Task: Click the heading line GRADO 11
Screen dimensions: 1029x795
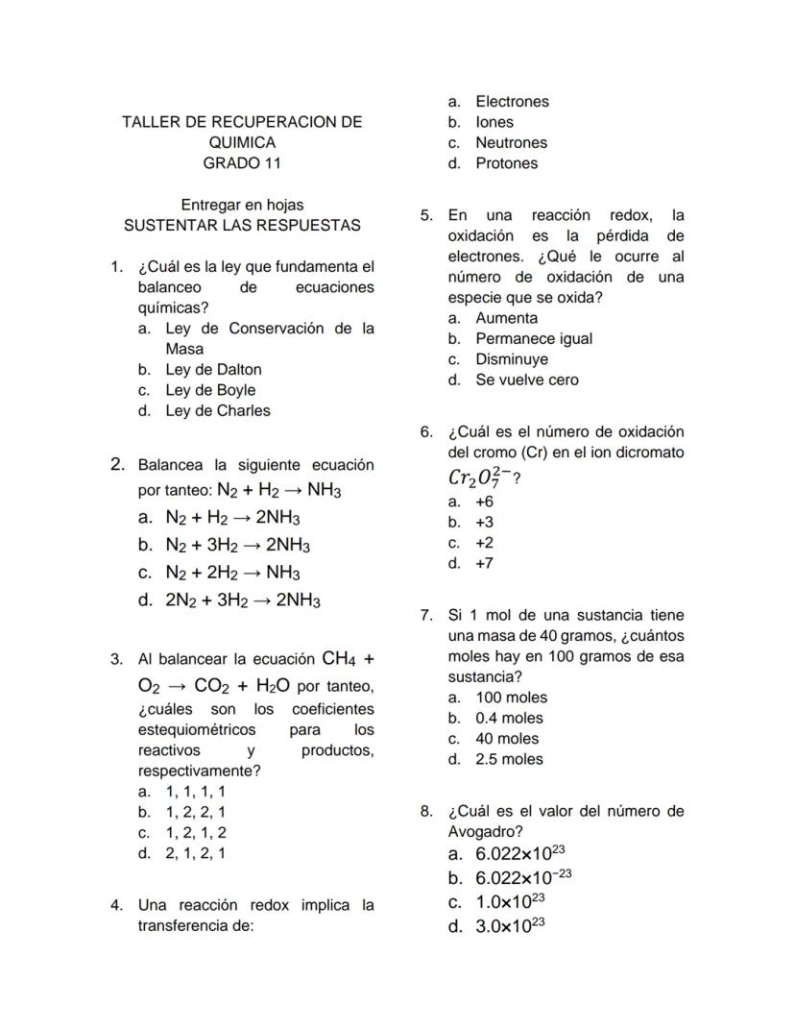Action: tap(242, 163)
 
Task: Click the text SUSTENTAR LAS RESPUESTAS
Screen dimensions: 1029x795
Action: tap(242, 226)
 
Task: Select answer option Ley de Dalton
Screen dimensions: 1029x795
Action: tap(213, 370)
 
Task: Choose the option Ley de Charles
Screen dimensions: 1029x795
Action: tap(218, 411)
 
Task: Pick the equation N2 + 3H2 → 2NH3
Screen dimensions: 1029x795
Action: tap(237, 546)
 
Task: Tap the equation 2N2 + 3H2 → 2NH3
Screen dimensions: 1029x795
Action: tap(243, 601)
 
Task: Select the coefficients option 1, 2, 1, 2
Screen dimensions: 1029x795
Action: tap(196, 833)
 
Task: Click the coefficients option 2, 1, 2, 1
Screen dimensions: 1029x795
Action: tap(196, 853)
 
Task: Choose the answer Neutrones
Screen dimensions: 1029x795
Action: tap(511, 143)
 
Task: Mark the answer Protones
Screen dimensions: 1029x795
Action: tap(506, 163)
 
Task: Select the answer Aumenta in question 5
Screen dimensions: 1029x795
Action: tap(506, 318)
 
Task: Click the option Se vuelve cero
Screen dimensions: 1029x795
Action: tap(527, 380)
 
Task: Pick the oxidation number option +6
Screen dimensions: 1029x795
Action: tap(484, 502)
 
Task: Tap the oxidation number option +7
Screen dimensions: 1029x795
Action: tap(484, 563)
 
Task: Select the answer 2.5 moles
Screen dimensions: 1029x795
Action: tap(509, 759)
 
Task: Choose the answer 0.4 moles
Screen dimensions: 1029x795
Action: tap(509, 718)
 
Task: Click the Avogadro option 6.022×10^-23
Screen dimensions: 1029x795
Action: tap(523, 877)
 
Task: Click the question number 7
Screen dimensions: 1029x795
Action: tap(426, 616)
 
